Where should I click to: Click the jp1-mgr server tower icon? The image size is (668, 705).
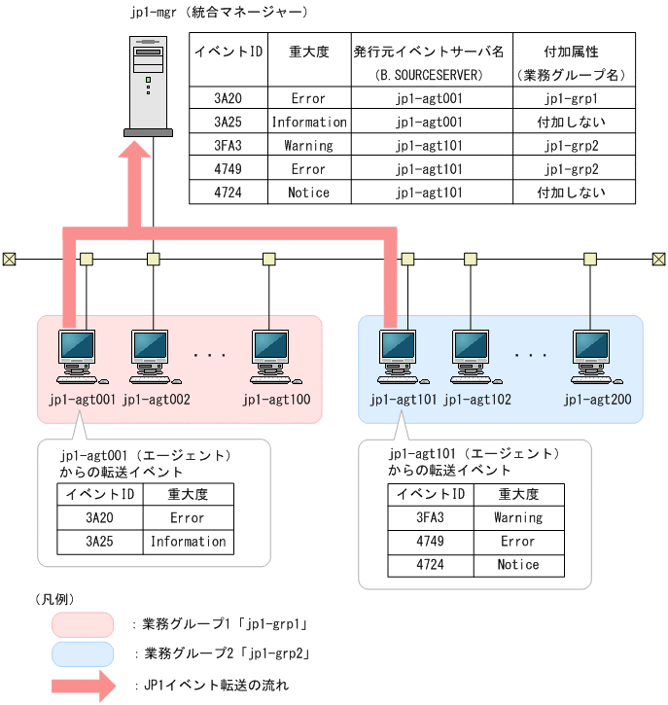click(149, 85)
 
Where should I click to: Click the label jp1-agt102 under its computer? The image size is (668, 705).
click(477, 399)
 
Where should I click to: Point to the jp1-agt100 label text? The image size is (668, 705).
click(282, 399)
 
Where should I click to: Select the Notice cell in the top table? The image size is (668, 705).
click(308, 193)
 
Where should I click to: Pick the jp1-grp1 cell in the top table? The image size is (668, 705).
click(572, 99)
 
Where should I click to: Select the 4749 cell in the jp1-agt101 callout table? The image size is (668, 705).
click(430, 541)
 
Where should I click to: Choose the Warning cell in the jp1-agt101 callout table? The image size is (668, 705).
click(517, 517)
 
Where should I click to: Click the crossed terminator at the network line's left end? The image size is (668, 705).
click(9, 259)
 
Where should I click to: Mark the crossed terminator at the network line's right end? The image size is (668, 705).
click(658, 259)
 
